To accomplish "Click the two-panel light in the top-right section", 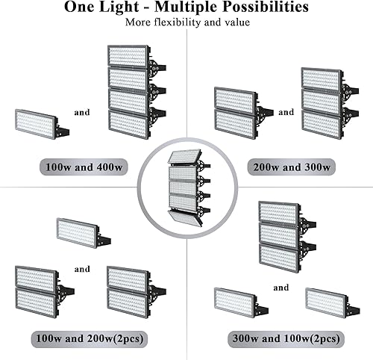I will [x=239, y=111].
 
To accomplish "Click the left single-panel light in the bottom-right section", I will [x=236, y=301].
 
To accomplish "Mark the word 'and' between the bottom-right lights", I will [x=281, y=288].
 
